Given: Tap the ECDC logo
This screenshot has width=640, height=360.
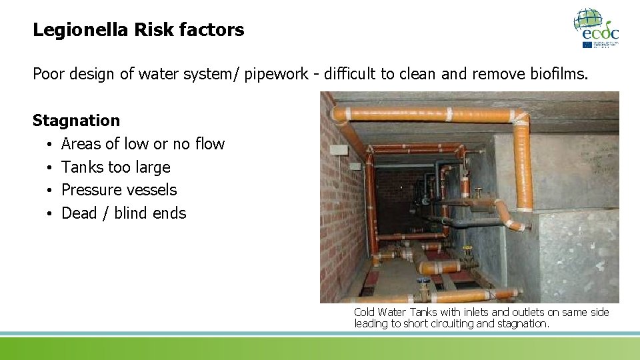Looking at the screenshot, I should click(x=596, y=28).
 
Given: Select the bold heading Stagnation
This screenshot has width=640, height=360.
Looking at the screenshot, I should click(x=77, y=121).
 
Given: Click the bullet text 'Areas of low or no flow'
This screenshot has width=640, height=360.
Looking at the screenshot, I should click(x=143, y=144).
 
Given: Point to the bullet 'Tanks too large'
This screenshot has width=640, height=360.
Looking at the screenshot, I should click(x=115, y=167).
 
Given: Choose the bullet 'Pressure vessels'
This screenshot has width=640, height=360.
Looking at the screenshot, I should click(x=119, y=190).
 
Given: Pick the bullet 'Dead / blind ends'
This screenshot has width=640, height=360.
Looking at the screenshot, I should click(x=123, y=213).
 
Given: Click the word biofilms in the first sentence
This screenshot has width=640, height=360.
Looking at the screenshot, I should click(x=554, y=74).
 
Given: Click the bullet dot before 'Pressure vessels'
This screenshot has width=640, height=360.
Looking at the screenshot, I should click(x=50, y=191).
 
